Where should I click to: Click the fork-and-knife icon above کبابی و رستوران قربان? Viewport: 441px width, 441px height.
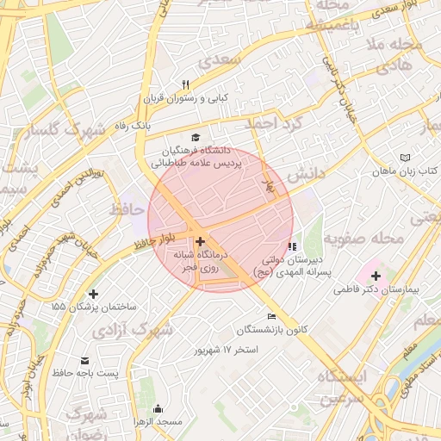[185, 84]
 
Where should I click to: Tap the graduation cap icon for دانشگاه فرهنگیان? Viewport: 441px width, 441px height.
[196, 137]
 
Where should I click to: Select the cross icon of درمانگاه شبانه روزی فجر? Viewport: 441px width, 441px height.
[200, 242]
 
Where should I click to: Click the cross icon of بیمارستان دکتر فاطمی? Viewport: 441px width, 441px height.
[375, 276]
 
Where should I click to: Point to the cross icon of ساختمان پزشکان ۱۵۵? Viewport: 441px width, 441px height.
[93, 294]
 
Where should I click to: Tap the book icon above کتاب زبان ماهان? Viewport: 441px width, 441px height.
[406, 158]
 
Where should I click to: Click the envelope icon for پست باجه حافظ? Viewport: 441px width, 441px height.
[84, 360]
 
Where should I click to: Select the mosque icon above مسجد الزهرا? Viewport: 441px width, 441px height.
[157, 408]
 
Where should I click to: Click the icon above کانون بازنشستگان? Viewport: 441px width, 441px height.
[272, 316]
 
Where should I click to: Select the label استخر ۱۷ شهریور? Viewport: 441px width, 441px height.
[227, 351]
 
